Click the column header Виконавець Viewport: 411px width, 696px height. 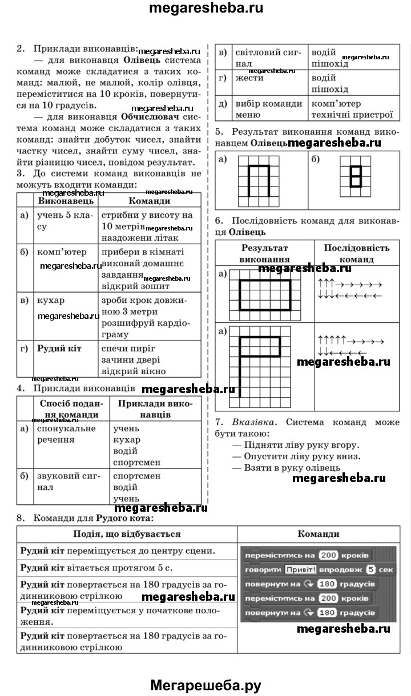62,201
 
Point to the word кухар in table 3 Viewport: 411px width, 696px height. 51,300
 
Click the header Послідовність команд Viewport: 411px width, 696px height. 356,253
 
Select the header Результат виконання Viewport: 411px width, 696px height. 264,253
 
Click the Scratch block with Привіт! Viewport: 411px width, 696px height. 319,569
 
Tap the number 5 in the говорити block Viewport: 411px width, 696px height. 370,569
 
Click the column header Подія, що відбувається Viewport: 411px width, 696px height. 127,534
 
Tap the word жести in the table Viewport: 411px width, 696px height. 249,77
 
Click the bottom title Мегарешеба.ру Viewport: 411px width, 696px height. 205,685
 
